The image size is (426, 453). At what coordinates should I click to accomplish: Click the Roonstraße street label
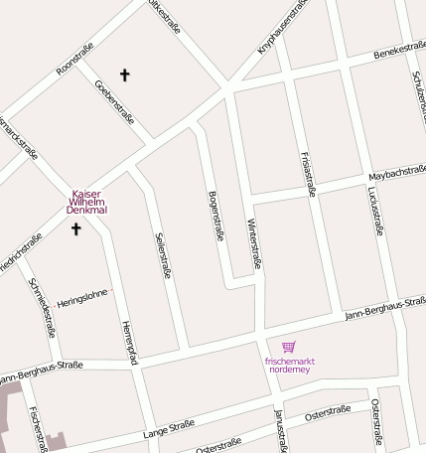[75, 59]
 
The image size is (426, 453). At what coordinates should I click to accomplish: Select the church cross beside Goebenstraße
[125, 75]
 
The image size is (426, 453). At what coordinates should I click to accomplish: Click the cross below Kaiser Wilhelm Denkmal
[75, 229]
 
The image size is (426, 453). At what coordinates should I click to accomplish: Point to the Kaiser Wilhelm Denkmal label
[86, 202]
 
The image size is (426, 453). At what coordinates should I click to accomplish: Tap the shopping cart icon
[289, 347]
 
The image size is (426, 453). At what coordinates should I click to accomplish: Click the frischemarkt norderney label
[289, 364]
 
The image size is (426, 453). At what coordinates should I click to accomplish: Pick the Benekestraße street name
[399, 50]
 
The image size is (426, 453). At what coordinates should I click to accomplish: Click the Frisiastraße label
[306, 173]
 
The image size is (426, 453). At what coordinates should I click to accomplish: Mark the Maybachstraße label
[397, 174]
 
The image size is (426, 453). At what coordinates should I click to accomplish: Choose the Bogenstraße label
[215, 215]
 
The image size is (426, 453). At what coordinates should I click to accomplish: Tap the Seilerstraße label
[160, 255]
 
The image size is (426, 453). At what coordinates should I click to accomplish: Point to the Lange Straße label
[168, 428]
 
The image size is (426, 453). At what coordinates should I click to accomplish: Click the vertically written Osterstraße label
[376, 420]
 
